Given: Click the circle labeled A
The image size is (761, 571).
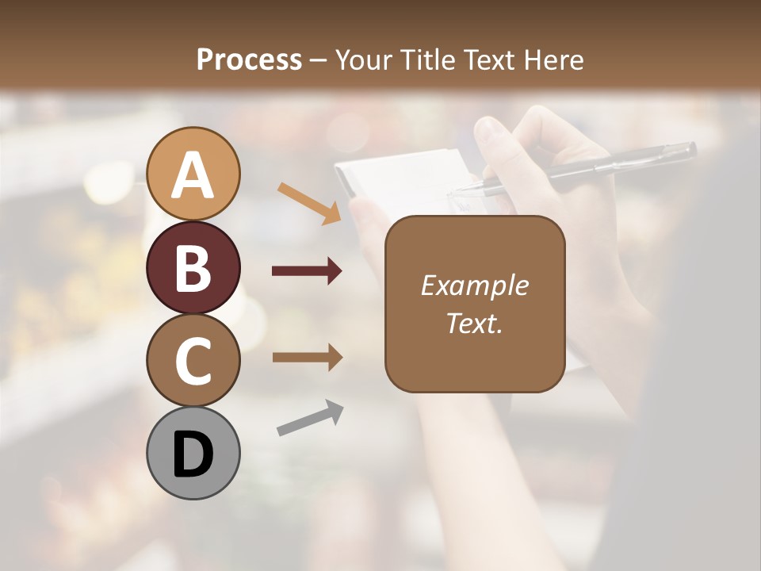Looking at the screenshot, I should tap(193, 174).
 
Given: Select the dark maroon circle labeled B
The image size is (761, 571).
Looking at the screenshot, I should tap(193, 267).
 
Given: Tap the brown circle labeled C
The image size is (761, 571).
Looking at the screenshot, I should tap(193, 360).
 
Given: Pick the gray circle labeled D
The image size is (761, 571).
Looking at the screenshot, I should tap(193, 453).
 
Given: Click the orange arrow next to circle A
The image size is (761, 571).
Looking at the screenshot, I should tap(309, 202).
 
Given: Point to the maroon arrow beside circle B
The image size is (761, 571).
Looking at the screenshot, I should tap(307, 271).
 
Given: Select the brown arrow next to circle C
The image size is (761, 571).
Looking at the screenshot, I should tap(307, 358).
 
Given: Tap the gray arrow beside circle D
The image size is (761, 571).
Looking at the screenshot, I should tap(310, 418).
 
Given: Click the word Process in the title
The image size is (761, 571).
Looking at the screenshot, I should tap(249, 59).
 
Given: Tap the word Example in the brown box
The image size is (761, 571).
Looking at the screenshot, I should tap(474, 285).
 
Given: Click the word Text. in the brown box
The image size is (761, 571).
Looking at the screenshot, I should tap(474, 323).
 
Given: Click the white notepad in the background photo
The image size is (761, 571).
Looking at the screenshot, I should tap(396, 178).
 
